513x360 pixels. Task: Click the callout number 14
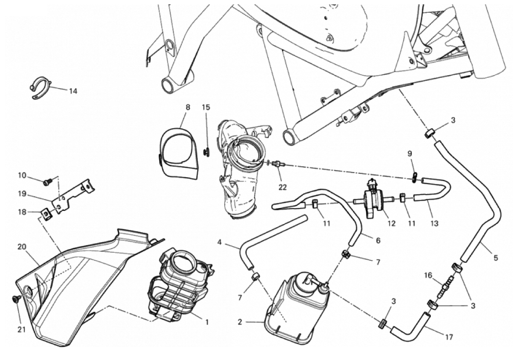[x=73, y=91]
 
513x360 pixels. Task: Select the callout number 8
[x=188, y=107]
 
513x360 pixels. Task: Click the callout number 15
[x=206, y=107]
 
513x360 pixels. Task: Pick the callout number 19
[x=22, y=193]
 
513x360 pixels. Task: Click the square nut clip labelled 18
[x=45, y=214]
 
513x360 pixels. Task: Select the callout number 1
[x=207, y=322]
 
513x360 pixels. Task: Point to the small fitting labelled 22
[x=277, y=165]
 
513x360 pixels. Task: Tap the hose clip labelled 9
[x=415, y=177]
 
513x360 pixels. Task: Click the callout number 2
[x=240, y=322]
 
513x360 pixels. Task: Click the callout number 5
[x=495, y=258]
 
